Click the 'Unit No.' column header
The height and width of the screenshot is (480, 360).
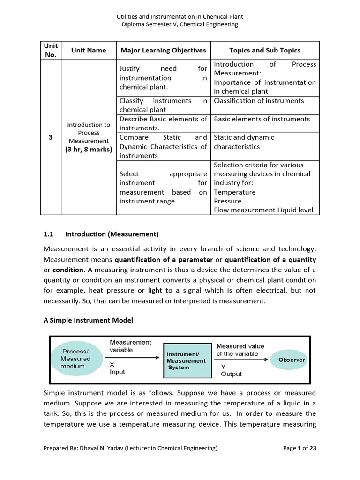51,50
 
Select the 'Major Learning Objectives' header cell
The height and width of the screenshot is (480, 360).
163,50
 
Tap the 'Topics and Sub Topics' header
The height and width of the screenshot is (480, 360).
265,50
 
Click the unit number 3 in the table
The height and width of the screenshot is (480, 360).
51,137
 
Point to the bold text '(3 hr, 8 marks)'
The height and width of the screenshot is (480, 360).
89,150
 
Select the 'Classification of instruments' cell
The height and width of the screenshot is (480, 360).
259,101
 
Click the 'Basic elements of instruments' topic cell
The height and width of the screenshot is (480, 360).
262,119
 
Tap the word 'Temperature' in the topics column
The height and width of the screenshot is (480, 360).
235,192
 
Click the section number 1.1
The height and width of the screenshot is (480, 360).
49,234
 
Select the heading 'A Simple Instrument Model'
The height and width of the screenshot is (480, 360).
89,320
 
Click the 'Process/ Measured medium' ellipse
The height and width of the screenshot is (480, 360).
76,359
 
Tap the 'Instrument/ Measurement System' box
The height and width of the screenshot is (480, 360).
187,360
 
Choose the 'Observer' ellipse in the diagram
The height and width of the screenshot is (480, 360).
292,360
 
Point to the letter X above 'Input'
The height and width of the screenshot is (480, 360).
112,364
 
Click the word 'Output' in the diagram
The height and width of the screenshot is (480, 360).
232,374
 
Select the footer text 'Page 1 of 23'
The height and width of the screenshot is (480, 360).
300,448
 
